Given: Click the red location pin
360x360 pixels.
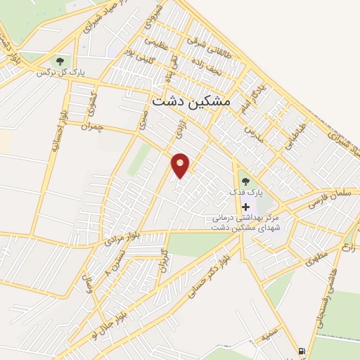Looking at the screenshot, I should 181,165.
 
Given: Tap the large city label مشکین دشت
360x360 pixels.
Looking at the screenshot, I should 191,101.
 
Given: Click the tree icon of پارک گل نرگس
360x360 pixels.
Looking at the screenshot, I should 60,61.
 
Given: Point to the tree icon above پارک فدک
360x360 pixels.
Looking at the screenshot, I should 245,181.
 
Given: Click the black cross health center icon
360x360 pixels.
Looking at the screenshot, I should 245,207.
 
